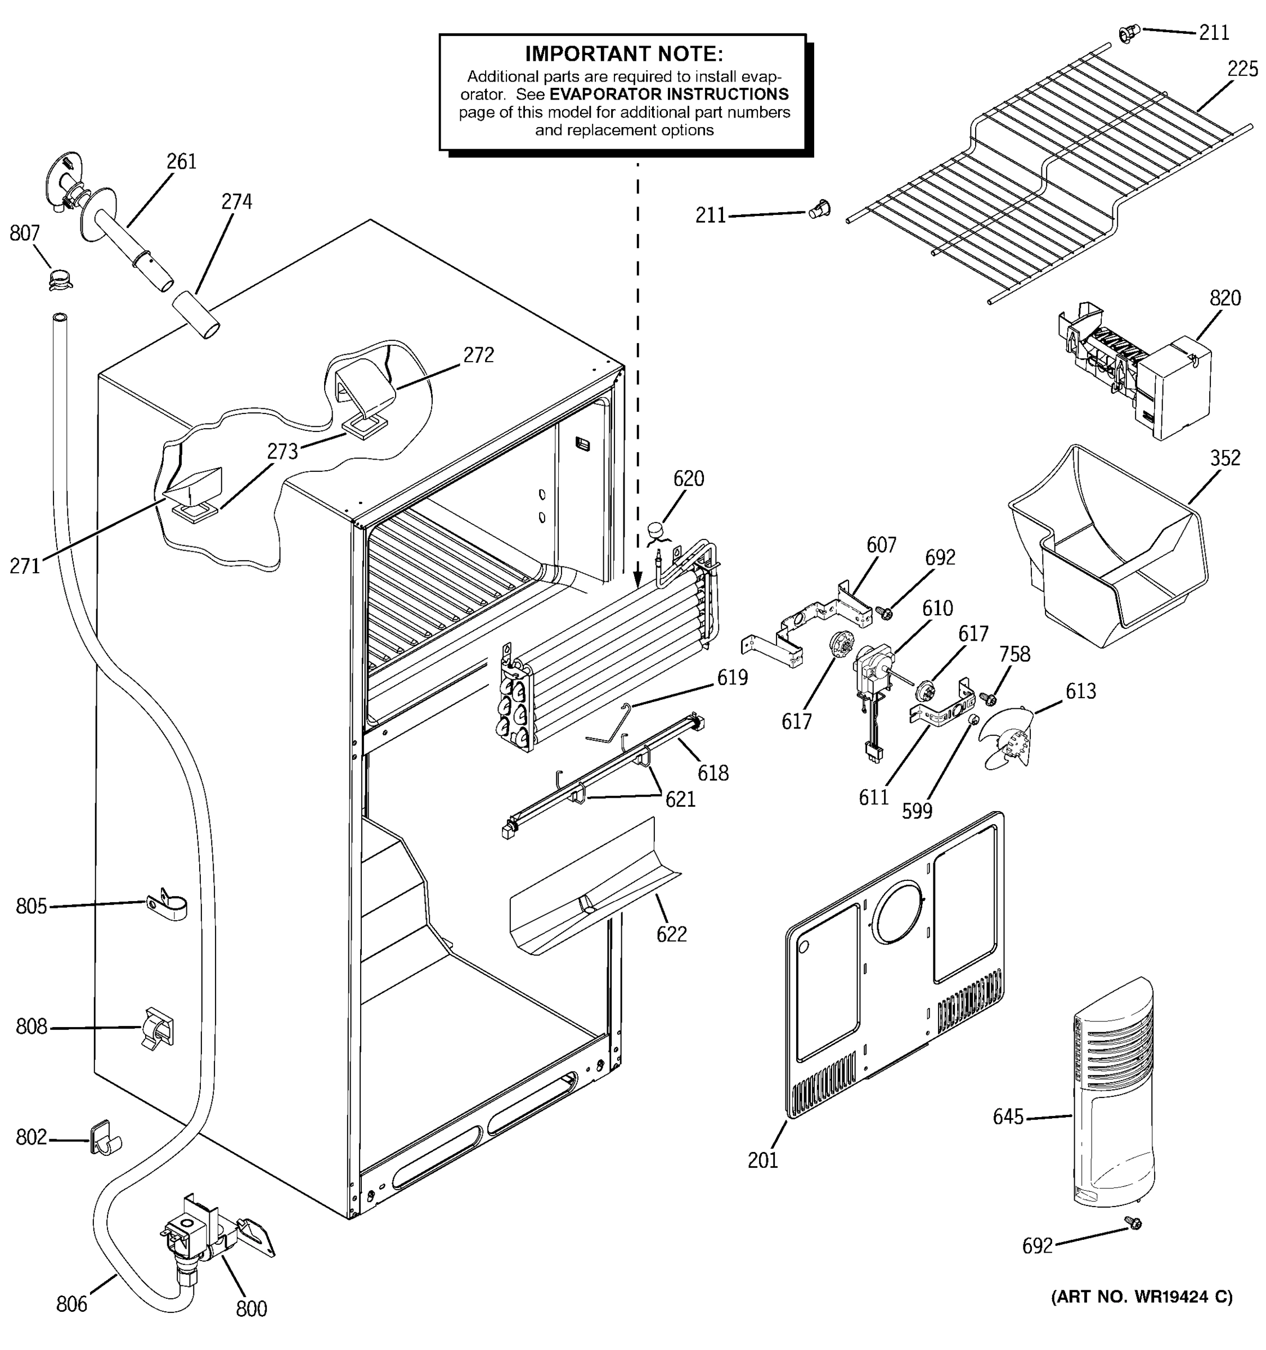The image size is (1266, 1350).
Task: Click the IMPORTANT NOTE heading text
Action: [x=623, y=53]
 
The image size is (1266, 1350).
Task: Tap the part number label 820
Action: [x=1224, y=298]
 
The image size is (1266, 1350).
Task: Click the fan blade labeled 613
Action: [x=1009, y=737]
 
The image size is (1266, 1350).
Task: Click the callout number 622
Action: [x=671, y=934]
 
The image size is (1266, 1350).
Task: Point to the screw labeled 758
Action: [x=986, y=697]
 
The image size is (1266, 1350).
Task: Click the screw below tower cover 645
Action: [x=1132, y=1223]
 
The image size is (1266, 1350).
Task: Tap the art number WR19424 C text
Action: [x=1141, y=1297]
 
